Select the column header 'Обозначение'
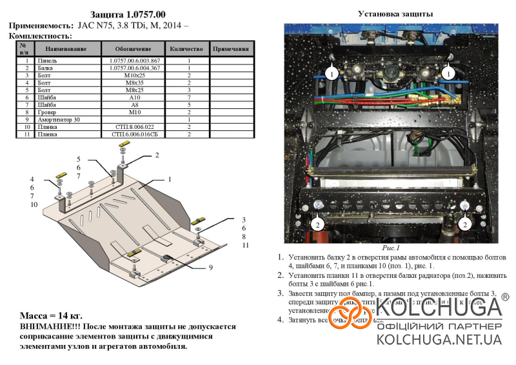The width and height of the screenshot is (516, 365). [x=133, y=48]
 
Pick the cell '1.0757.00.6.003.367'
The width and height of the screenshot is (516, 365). [x=133, y=61]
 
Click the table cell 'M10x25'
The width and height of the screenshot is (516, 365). [x=133, y=75]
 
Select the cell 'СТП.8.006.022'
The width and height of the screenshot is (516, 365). [x=133, y=127]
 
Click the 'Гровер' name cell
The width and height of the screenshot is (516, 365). [x=48, y=112]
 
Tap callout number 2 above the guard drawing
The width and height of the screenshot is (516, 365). [x=156, y=155]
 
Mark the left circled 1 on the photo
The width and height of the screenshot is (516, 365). [x=330, y=75]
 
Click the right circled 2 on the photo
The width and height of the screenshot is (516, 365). [x=464, y=224]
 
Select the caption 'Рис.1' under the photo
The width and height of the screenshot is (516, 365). [x=391, y=248]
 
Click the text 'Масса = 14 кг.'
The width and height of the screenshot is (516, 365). [x=51, y=316]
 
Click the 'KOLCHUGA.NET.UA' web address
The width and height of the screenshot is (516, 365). [x=439, y=339]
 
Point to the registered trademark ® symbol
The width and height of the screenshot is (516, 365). [x=505, y=297]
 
